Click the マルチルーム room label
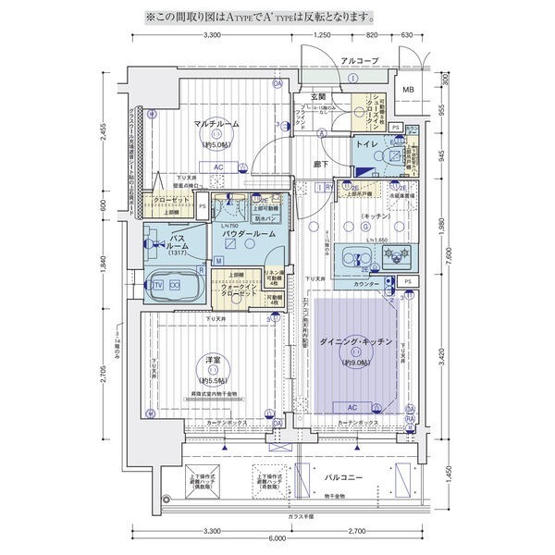pyautogui.click(x=217, y=124)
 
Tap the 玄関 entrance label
pyautogui.click(x=317, y=97)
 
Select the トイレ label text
pyautogui.click(x=368, y=146)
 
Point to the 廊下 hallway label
pyautogui.click(x=320, y=165)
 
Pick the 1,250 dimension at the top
pyautogui.click(x=322, y=34)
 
